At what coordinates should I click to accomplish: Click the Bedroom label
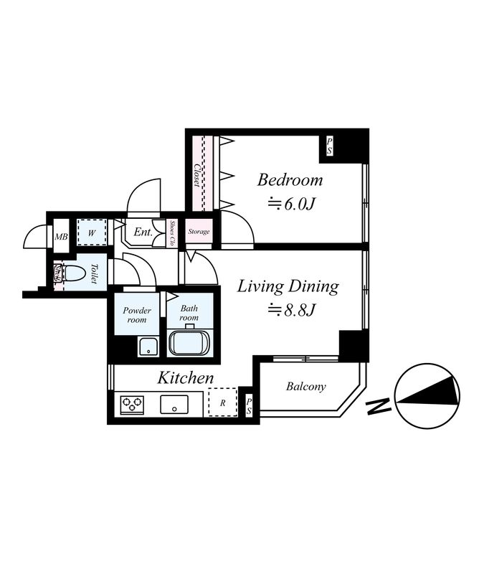[x=290, y=179]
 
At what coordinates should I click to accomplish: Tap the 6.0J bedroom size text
[x=291, y=204]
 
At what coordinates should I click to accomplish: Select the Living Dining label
[x=288, y=286]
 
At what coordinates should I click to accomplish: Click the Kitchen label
[x=186, y=377]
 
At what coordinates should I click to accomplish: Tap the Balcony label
[x=305, y=387]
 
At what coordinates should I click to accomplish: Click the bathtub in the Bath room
[x=190, y=342]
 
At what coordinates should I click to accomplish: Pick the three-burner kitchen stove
[x=133, y=404]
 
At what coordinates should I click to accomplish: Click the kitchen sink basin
[x=174, y=404]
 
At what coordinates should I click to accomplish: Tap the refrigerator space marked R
[x=222, y=403]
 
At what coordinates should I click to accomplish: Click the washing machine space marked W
[x=92, y=232]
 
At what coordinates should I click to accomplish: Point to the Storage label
[x=199, y=232]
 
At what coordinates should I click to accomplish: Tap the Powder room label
[x=136, y=315]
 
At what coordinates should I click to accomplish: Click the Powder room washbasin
[x=148, y=347]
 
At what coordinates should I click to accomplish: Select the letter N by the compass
[x=374, y=408]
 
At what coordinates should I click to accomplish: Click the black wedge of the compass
[x=434, y=391]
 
